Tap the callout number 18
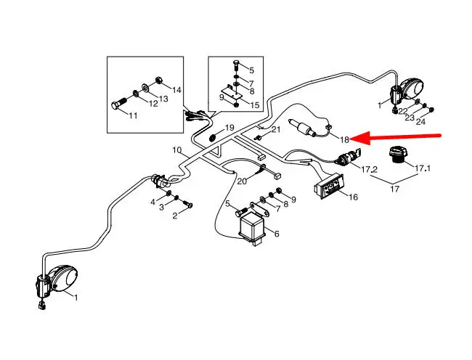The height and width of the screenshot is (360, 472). pos(345,139)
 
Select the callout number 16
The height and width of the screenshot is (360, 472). pos(353,197)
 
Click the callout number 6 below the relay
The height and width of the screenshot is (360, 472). pos(276,233)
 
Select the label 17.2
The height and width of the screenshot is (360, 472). pos(370,169)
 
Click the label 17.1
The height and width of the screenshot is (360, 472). pos(422,168)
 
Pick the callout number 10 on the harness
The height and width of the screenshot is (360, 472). pos(177,150)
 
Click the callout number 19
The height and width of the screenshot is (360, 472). pos(229,128)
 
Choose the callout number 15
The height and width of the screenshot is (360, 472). pos(254,105)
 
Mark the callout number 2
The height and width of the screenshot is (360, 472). pos(174,216)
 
